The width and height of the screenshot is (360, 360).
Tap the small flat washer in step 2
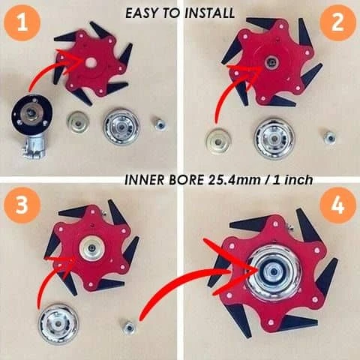217,139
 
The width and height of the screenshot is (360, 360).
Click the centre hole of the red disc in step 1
89,62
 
